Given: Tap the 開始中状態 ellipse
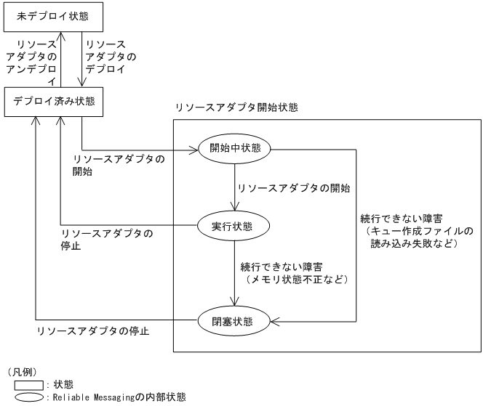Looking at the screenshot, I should pos(234,149).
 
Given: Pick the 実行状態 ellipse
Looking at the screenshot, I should pos(234,225).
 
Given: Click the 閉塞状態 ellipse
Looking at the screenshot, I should pos(234,318).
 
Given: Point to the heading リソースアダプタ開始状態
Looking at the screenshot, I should pos(236,107).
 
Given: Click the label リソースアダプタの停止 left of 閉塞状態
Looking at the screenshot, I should pos(93,331).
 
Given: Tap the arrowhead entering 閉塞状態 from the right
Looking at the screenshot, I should pos(275,319).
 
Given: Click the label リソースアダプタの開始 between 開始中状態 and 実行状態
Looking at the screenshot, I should pos(295,187).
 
